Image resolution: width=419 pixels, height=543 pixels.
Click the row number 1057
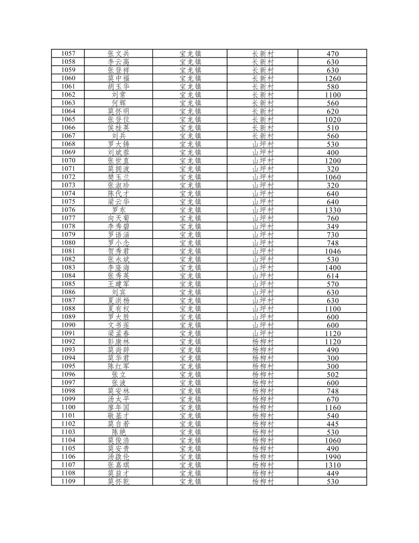68,54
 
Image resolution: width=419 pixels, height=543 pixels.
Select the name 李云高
118,62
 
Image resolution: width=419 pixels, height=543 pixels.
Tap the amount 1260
333,79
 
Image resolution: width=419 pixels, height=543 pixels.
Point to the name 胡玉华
118,87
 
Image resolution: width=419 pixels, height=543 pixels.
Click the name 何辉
118,103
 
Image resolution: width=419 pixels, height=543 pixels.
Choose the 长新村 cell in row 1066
263,128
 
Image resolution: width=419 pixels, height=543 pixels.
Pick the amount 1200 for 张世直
333,161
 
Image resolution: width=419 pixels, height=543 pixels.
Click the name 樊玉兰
118,177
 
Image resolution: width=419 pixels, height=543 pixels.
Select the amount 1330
333,210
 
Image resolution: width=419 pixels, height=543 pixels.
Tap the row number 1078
68,226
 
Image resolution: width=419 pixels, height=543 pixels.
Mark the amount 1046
333,251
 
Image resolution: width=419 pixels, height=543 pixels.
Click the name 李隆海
118,267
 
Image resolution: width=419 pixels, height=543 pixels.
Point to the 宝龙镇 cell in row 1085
190,284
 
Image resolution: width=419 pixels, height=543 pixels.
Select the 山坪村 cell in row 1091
263,333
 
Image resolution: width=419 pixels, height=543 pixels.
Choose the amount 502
333,374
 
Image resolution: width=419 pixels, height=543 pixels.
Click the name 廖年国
118,407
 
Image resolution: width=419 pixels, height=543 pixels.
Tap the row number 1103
68,432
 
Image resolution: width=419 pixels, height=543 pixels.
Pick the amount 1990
333,457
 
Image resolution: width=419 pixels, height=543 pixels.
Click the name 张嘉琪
118,465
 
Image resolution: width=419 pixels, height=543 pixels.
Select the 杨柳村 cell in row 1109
263,481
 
